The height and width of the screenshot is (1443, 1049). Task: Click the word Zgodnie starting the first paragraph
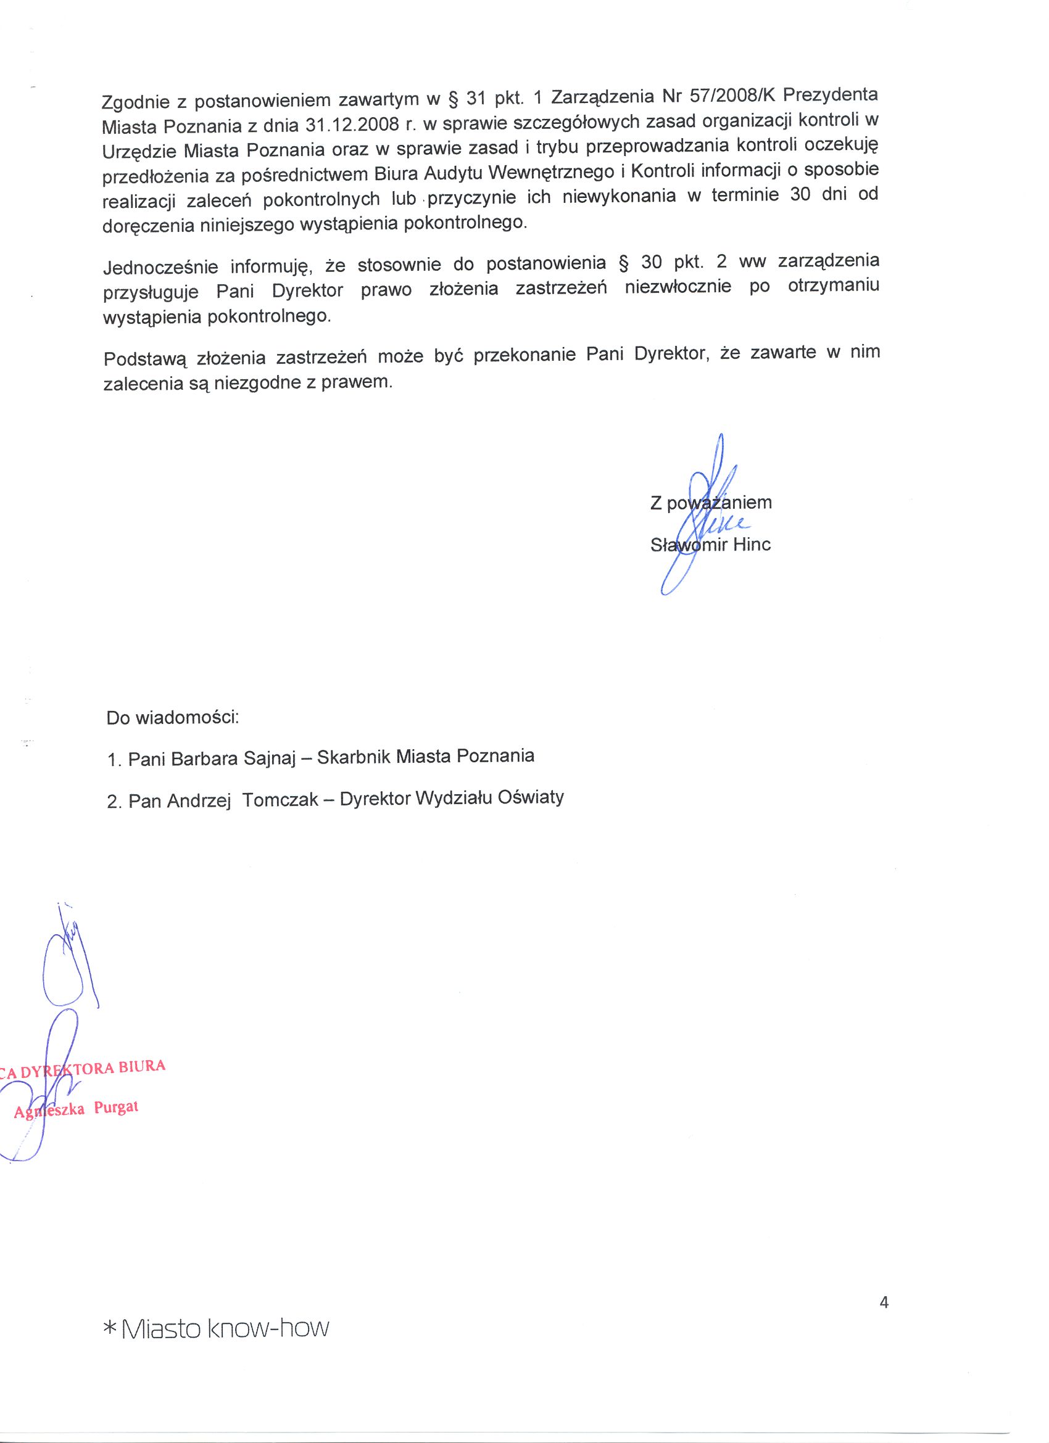[135, 101]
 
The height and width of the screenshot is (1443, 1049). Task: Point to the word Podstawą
[144, 359]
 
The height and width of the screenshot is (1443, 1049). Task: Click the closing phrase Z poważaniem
[710, 503]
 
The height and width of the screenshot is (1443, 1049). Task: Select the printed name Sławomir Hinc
[710, 545]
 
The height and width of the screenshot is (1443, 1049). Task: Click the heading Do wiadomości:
[173, 719]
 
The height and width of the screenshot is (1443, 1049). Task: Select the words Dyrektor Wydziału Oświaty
[452, 799]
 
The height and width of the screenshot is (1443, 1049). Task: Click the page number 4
[884, 1303]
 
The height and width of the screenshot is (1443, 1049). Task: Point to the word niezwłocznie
[678, 288]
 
